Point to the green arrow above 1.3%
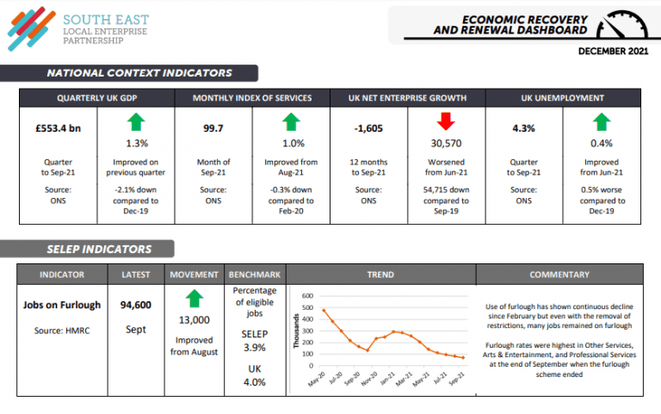(136, 121)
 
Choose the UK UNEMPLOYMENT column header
(563, 98)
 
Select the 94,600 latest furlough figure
(136, 305)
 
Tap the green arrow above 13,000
(195, 299)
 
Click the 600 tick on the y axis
(307, 296)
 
